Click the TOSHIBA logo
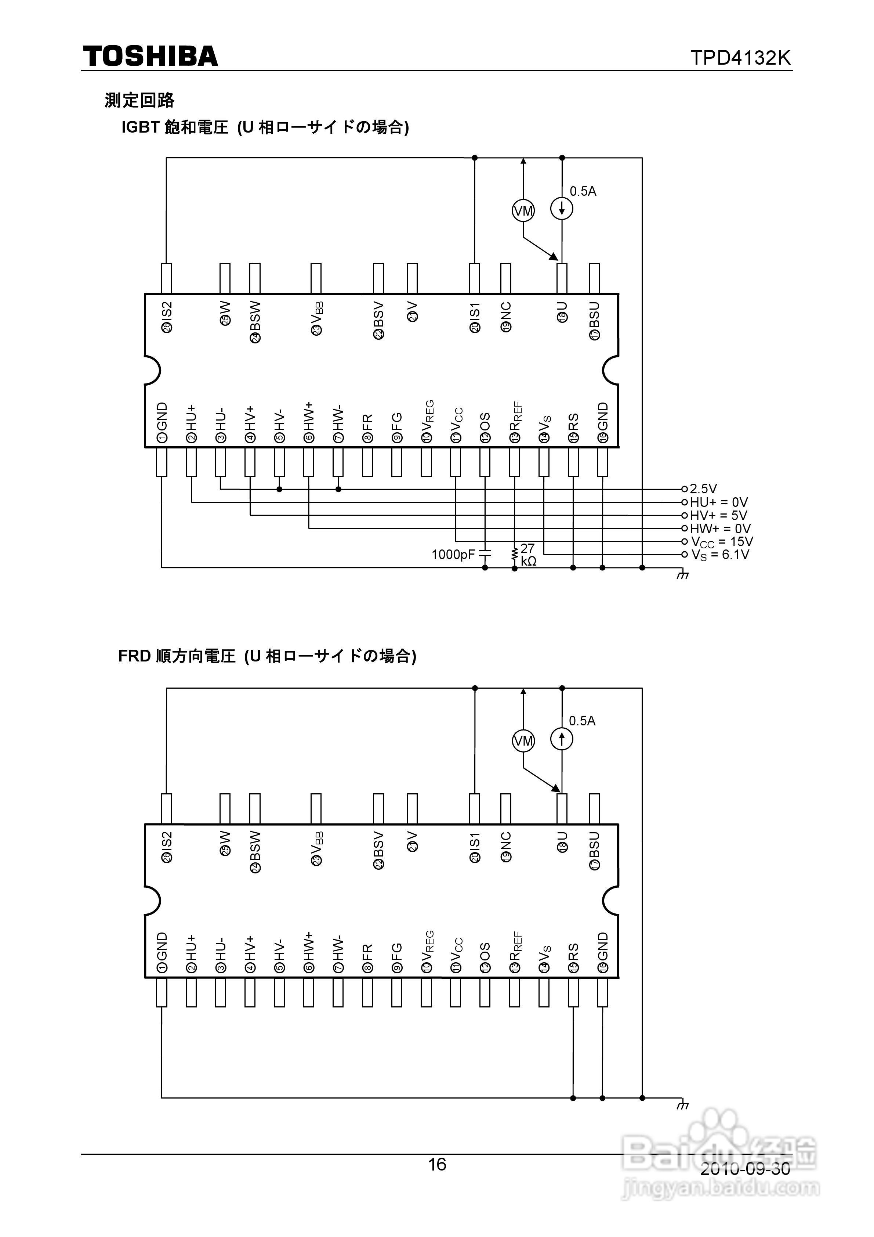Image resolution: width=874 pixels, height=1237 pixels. coord(150,57)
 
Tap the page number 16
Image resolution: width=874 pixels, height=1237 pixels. coord(437,1164)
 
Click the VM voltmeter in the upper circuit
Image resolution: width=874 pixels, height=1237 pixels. coord(523,211)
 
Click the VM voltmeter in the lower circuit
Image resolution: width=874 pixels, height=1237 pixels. coord(523,741)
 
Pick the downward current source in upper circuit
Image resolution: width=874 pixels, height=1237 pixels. coord(562,209)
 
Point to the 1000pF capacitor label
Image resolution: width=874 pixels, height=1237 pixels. coord(453,554)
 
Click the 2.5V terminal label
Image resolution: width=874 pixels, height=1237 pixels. coord(703,488)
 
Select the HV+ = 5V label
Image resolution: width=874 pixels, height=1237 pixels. coord(718,515)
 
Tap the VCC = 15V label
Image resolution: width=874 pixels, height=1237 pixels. coord(722,541)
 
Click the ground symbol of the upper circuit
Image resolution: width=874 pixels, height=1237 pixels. coord(682,576)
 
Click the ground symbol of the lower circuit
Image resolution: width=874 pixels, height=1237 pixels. coord(682,1106)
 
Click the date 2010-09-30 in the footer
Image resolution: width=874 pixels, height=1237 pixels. coord(745,1169)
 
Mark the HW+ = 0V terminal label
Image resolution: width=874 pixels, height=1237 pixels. coord(720,529)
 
